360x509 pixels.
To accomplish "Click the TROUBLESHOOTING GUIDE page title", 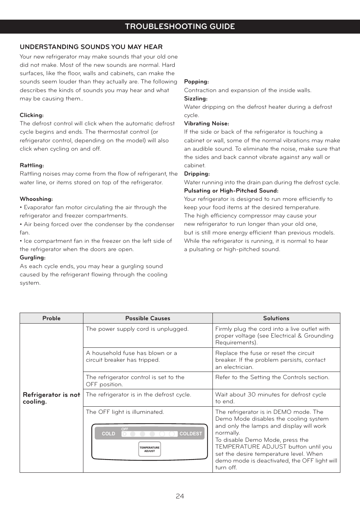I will click(180, 26).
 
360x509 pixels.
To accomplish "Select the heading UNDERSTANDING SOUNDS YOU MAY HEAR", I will click(91, 47).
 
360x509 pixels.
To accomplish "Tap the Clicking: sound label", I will click(32, 115).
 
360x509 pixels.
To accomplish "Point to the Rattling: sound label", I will click(32, 165).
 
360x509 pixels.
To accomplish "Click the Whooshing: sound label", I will click(36, 199).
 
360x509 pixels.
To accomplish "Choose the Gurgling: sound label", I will click(32, 258).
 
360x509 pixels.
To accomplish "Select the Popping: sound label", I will click(196, 82).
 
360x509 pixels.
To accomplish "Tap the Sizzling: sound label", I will click(195, 99).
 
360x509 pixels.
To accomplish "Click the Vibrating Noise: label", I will click(206, 123).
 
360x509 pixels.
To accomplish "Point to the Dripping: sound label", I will click(197, 174).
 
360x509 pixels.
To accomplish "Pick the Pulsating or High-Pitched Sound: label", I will click(231, 191).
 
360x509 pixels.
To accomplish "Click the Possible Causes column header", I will click(148, 318).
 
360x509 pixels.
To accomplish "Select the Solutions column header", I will click(276, 318).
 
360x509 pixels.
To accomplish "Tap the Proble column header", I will click(51, 318).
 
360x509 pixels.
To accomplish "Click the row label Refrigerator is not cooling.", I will click(51, 398).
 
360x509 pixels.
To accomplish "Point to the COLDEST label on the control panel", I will click(191, 434).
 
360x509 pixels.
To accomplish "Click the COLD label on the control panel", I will click(108, 434).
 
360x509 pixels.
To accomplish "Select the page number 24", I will click(180, 496).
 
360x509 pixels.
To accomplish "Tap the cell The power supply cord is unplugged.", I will click(137, 329).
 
